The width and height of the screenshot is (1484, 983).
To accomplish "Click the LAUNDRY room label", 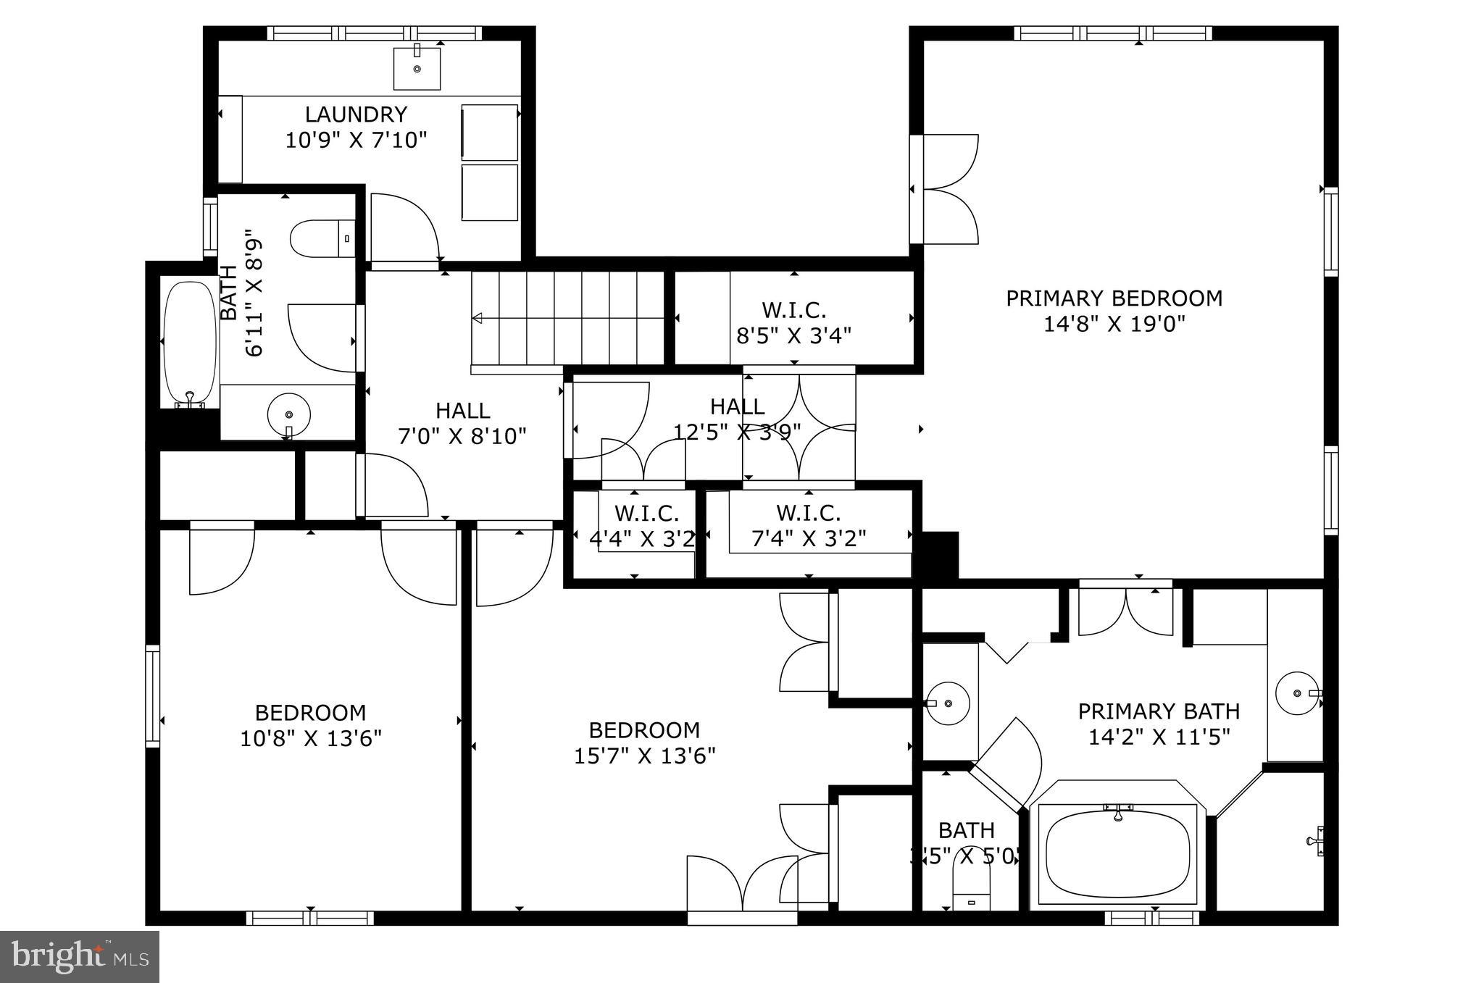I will point(355,114).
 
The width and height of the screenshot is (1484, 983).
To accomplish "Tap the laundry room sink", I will point(417,68).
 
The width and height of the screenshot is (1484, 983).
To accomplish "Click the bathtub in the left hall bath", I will point(190,344).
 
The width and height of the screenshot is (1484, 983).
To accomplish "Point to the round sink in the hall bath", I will point(288,414).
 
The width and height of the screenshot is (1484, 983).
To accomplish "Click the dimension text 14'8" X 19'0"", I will point(1114,323).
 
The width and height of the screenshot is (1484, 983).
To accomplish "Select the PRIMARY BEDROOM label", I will point(1114,298).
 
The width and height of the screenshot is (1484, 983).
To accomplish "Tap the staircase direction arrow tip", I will point(476,318).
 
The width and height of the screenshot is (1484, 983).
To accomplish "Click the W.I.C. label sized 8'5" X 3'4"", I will point(793,310).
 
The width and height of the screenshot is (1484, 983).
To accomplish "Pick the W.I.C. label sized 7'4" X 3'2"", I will point(808,513).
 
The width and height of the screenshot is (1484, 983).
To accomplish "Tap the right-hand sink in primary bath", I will point(1297,693).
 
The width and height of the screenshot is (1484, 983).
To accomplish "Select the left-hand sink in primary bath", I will point(949,703).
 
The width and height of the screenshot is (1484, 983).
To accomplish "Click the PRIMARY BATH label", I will point(1159,711).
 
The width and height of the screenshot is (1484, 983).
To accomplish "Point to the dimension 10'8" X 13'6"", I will point(311,738).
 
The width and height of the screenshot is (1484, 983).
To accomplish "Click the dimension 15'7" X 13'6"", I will point(644,756).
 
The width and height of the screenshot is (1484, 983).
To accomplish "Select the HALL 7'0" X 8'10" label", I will point(462,410).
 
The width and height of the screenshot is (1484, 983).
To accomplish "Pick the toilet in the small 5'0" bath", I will point(971,890).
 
